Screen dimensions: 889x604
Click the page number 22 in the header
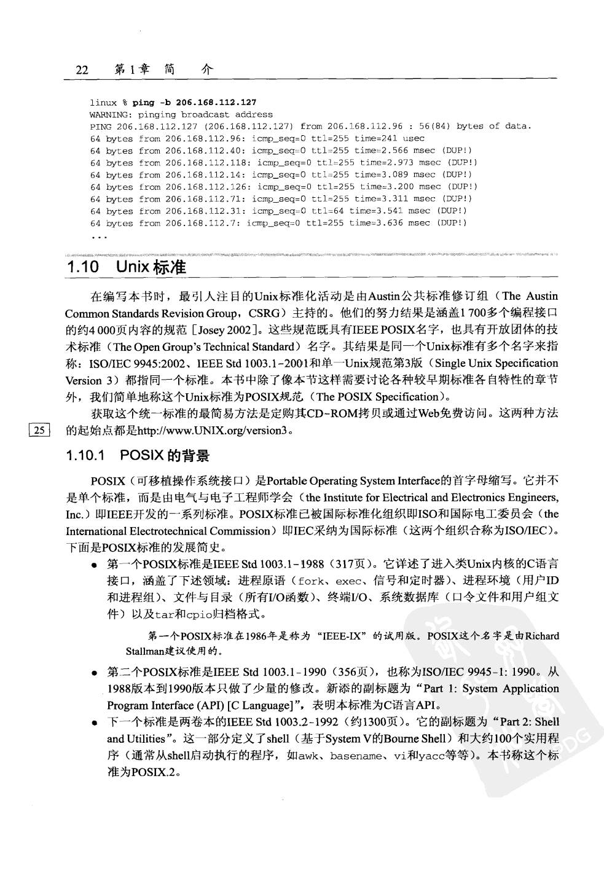tap(82, 70)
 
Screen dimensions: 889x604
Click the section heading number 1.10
tap(82, 267)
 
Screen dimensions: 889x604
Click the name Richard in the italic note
tap(542, 636)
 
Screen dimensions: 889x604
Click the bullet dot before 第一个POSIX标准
tap(94, 565)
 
